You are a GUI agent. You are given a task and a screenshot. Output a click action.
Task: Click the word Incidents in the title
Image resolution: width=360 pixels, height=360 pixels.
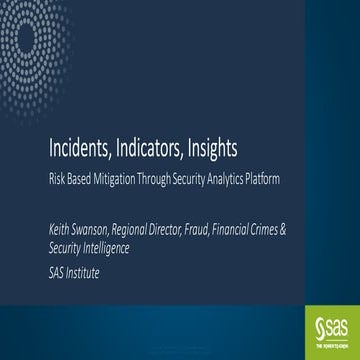click(81, 150)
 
